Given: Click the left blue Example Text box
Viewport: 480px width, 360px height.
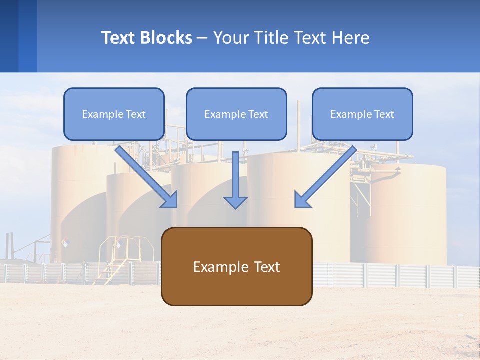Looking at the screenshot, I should tap(114, 114).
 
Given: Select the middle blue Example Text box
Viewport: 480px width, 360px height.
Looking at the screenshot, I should tap(236, 114).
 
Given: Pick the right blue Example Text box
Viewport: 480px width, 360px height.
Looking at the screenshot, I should tap(362, 114).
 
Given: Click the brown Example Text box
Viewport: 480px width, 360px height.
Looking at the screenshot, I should tap(236, 266).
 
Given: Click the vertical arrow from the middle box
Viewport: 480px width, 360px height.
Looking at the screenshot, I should tap(235, 180).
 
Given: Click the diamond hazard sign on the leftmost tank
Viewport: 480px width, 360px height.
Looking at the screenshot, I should tap(65, 242).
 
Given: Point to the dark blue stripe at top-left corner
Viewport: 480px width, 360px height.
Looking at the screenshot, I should tap(9, 36).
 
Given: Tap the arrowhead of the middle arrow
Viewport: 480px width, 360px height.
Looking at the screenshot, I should tap(235, 202).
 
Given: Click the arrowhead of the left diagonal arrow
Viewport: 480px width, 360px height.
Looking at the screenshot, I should tap(170, 199).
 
